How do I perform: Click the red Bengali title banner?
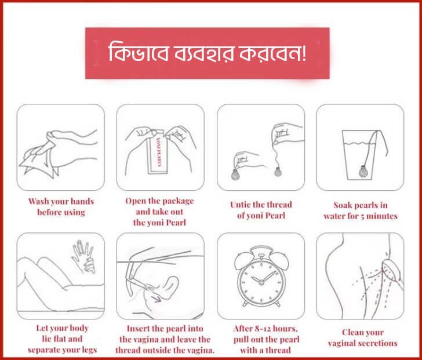(208, 53)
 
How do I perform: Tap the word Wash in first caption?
(38, 201)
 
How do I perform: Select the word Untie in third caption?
(239, 205)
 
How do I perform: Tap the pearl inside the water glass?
(363, 172)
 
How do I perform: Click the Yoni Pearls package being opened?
(158, 152)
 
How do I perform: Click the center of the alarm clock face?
(261, 282)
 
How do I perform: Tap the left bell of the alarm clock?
(243, 261)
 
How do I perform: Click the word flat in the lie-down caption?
(59, 339)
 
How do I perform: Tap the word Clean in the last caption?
(352, 333)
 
